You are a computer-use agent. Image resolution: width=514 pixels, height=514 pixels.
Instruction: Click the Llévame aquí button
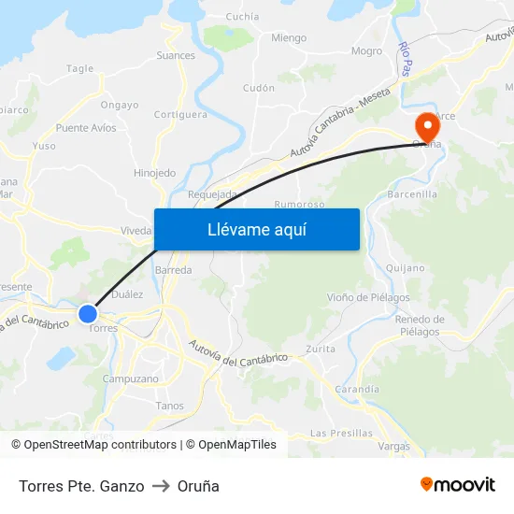click(256, 229)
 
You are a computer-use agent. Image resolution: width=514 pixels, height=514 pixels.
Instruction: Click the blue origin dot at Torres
click(88, 313)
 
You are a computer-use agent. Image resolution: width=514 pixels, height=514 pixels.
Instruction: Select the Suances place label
click(176, 55)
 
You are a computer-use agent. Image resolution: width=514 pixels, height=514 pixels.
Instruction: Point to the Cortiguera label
click(180, 115)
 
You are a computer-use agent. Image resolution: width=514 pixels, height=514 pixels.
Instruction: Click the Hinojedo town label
click(154, 173)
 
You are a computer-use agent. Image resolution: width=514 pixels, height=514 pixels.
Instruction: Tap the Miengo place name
click(288, 38)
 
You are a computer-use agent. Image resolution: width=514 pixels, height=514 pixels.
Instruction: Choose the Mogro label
click(366, 51)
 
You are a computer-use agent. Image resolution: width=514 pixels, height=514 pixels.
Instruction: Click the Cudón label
click(259, 88)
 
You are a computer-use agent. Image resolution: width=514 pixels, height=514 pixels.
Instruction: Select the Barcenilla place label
click(412, 194)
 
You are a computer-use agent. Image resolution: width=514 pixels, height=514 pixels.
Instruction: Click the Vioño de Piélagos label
click(368, 298)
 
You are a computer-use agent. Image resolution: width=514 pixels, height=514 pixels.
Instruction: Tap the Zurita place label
click(321, 349)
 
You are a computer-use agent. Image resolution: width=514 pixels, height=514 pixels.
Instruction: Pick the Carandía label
click(357, 389)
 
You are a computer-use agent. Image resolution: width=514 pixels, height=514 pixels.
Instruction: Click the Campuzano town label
click(131, 379)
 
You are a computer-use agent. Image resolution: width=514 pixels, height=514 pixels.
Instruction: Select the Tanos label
click(170, 406)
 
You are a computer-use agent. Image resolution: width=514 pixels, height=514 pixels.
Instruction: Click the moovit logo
click(457, 485)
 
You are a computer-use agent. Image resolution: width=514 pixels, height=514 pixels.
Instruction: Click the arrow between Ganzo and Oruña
click(160, 486)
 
